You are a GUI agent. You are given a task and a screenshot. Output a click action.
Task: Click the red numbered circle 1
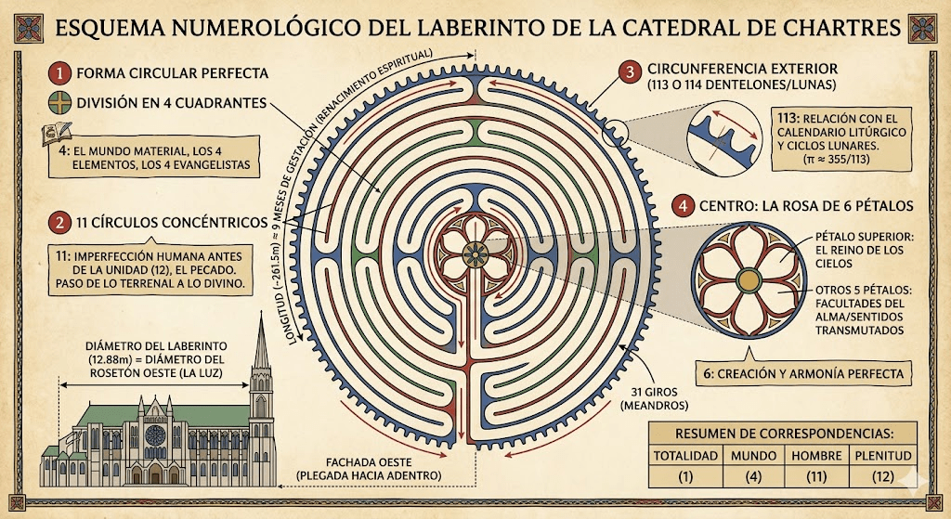click(x=61, y=72)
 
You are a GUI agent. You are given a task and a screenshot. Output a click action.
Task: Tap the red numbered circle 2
click(x=61, y=223)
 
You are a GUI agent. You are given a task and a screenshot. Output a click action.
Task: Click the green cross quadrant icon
click(x=61, y=103)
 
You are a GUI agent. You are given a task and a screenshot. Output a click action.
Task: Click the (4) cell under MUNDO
click(x=753, y=478)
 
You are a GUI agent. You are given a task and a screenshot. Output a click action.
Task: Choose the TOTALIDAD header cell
click(x=685, y=456)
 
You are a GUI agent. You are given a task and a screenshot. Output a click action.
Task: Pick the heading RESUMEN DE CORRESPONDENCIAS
click(x=784, y=433)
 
